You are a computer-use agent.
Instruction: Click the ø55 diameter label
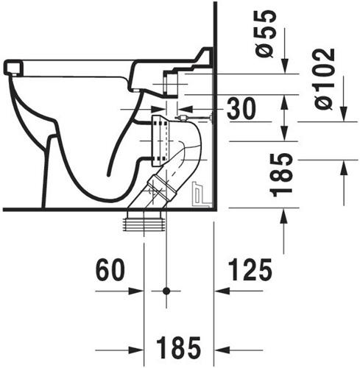pyautogui.click(x=266, y=34)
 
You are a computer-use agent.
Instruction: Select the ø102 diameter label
pyautogui.click(x=325, y=79)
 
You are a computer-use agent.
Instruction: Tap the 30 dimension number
pyautogui.click(x=241, y=108)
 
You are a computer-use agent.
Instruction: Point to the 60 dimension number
pyautogui.click(x=110, y=270)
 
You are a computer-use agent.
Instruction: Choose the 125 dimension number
pyautogui.click(x=250, y=269)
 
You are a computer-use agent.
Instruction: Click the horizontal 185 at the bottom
pyautogui.click(x=179, y=347)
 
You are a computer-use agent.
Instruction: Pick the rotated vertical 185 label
pyautogui.click(x=283, y=175)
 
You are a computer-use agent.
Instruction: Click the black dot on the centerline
pyautogui.click(x=166, y=291)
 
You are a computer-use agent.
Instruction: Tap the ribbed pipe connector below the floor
pyautogui.click(x=144, y=222)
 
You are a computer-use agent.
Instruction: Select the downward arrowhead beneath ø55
pyautogui.click(x=285, y=66)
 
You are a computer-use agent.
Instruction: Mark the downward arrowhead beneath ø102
pyautogui.click(x=344, y=114)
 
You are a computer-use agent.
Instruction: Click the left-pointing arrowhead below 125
pyautogui.click(x=222, y=291)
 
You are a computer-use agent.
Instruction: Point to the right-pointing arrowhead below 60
pyautogui.click(x=135, y=291)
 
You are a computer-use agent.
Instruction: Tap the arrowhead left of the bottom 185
pyautogui.click(x=135, y=350)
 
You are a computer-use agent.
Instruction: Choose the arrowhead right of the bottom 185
pyautogui.click(x=222, y=350)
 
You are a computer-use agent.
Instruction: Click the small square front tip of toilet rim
pyautogui.click(x=13, y=68)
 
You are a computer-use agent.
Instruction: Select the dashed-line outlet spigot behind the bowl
pyautogui.click(x=160, y=141)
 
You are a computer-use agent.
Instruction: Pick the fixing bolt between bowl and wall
pyautogui.click(x=194, y=118)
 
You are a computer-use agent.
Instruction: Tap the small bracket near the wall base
pyautogui.click(x=201, y=194)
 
